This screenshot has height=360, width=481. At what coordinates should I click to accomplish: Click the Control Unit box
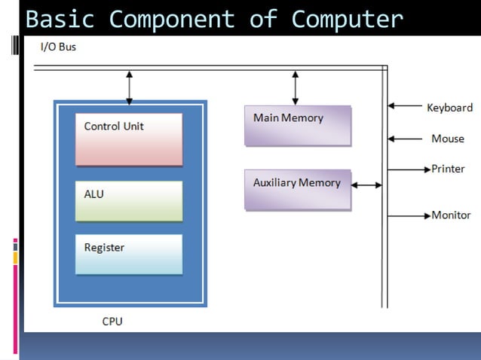tap(129, 139)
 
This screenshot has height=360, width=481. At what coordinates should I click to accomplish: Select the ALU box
tap(129, 200)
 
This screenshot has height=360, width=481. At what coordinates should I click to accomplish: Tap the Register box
tap(129, 254)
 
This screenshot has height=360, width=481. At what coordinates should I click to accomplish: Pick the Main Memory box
tap(297, 125)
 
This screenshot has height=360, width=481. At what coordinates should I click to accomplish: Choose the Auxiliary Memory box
tap(297, 189)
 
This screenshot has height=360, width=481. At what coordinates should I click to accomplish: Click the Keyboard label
tap(449, 108)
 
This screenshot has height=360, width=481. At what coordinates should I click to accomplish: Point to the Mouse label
tap(448, 139)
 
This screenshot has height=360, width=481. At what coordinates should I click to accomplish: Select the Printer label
tap(448, 169)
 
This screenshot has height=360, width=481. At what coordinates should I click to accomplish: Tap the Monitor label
tap(451, 215)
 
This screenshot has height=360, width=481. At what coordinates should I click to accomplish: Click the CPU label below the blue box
tap(112, 322)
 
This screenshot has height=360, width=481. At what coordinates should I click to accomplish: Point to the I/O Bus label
tap(58, 47)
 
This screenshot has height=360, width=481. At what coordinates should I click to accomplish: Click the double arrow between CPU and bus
tap(129, 87)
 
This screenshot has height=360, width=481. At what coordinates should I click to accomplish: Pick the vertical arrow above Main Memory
tap(295, 87)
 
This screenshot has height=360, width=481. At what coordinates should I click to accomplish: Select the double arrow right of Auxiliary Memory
tap(367, 185)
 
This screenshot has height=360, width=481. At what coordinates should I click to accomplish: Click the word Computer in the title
tap(347, 18)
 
